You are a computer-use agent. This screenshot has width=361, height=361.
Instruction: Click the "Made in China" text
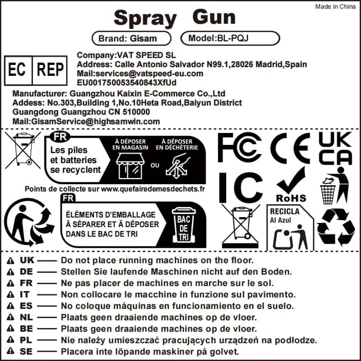tap(335, 6)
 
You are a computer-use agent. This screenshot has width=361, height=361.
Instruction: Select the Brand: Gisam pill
tap(131, 38)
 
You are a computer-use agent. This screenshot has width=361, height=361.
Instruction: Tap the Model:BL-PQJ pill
tap(230, 38)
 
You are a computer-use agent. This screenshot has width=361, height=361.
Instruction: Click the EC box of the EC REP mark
tap(18, 70)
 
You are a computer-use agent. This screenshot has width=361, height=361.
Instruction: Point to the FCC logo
tap(240, 148)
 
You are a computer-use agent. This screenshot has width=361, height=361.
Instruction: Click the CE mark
tap(290, 148)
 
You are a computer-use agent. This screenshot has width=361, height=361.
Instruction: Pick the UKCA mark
tap(335, 148)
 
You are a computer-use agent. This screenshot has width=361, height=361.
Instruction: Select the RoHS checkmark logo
tap(291, 185)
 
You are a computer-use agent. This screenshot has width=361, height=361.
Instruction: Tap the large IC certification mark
tap(241, 188)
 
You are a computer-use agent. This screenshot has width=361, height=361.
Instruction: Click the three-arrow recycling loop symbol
tap(336, 227)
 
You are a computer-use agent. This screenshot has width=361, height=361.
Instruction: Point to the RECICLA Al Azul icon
tap(290, 227)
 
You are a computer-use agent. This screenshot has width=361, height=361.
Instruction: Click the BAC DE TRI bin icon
tap(184, 225)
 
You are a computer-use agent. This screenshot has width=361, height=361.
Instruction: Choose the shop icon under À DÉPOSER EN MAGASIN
tap(130, 166)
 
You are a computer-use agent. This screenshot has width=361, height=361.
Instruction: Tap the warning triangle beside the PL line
tap(10, 340)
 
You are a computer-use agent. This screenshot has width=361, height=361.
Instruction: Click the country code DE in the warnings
tap(26, 272)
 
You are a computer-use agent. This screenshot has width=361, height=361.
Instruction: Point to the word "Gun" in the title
tap(214, 17)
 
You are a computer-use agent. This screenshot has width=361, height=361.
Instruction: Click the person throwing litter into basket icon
tap(334, 185)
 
